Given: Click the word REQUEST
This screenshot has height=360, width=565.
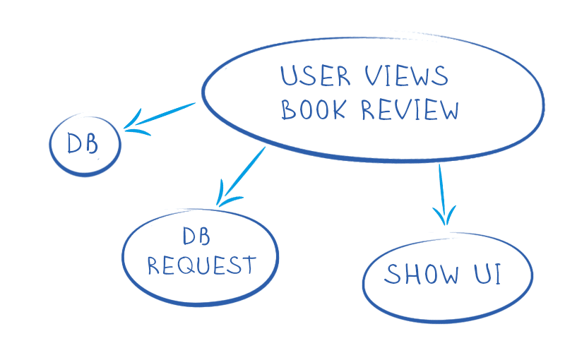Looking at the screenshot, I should pyautogui.click(x=201, y=266).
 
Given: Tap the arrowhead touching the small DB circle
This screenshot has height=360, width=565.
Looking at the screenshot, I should pyautogui.click(x=134, y=124).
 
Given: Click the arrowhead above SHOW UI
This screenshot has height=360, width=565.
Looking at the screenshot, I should pyautogui.click(x=444, y=215).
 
